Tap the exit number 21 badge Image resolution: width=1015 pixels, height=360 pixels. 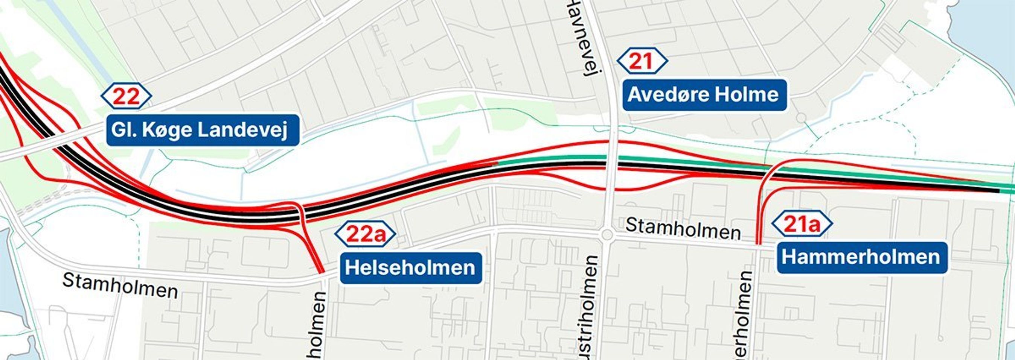642,61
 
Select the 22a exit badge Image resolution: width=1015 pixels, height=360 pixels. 365,234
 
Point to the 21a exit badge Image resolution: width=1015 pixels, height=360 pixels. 802,224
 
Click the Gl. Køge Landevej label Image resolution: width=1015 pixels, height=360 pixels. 203,131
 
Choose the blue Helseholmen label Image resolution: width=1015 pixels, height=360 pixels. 411,268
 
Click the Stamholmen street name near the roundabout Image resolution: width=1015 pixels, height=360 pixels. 683,229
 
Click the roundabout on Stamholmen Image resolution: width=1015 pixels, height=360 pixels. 607,235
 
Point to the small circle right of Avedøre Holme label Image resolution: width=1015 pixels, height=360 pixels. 801,117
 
